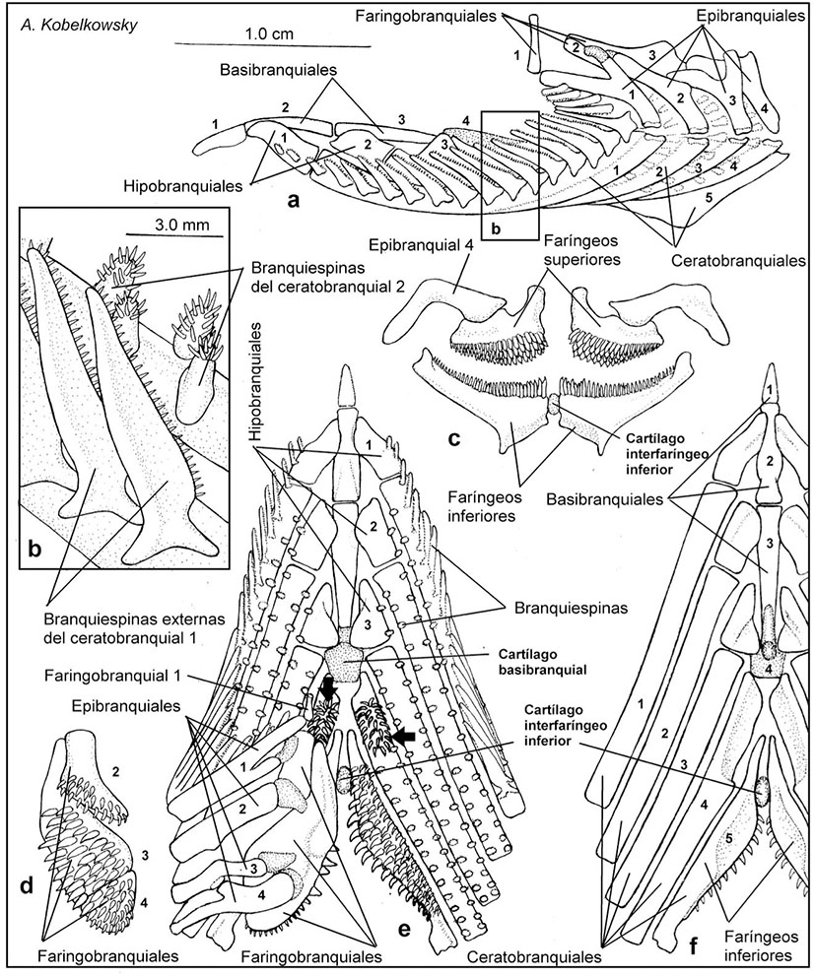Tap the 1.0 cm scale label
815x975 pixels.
(270, 33)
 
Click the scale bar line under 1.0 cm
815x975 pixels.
(270, 46)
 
